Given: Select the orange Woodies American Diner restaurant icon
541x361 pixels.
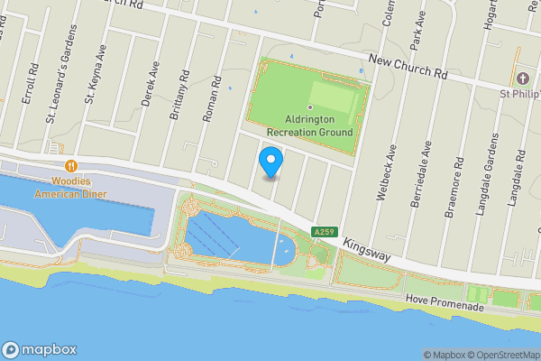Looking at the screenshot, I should click(69, 166).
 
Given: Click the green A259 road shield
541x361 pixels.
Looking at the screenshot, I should click(324, 233).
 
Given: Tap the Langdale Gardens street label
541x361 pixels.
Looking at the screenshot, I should click(493, 171).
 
